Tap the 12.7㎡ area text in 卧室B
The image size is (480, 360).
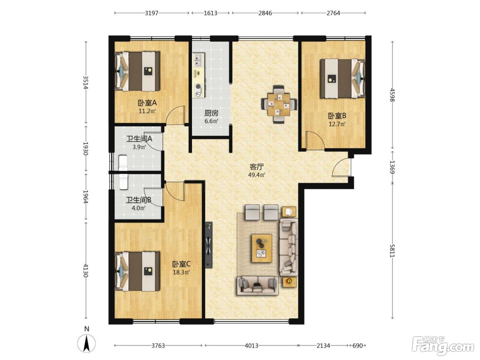tap(337, 124)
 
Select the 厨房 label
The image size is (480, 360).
tap(211, 113)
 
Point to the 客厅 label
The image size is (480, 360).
tap(257, 167)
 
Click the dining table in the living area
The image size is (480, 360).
tap(279, 105)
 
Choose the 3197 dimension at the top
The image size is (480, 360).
tap(152, 13)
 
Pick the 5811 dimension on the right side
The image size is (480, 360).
tap(393, 251)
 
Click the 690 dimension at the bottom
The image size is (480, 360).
tap(358, 346)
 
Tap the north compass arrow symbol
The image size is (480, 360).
tap(87, 344)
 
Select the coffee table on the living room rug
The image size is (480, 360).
tap(262, 248)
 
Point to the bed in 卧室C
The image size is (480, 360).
tap(137, 271)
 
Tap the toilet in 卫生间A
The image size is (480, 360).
tap(123, 163)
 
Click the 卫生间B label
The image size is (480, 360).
tap(139, 200)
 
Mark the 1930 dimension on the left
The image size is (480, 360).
tap(86, 148)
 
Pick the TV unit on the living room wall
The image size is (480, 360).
tap(209, 245)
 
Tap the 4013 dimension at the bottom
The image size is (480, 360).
tap(251, 346)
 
